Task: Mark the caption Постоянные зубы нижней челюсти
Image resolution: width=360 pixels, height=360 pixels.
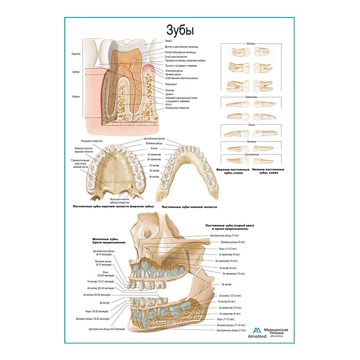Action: [189, 207]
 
